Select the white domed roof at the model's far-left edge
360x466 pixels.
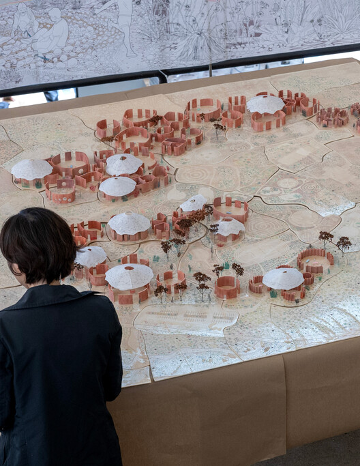coord(31,169)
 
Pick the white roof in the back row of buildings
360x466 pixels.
coord(265,104)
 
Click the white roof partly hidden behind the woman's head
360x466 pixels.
coord(91,256)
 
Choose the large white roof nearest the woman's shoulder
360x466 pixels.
coord(129,276)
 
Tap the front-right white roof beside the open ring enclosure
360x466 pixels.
coord(283,278)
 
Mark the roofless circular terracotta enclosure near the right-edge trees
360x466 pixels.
coord(315,260)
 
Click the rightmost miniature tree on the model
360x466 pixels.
coord(344,242)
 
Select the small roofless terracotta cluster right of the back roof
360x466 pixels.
coord(332,117)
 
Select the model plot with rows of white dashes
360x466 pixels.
coord(179,318)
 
